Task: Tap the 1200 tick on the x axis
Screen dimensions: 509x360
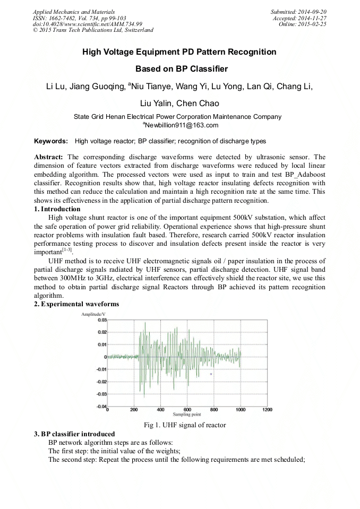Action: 267,410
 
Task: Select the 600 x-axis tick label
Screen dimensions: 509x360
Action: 187,410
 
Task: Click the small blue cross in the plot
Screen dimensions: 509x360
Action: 211,374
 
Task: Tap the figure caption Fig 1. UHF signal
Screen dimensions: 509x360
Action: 185,425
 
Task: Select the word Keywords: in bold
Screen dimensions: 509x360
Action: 51,141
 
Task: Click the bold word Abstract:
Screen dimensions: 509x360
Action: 49,157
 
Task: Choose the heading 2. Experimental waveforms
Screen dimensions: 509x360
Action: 76,304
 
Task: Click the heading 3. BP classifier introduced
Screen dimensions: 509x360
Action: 74,434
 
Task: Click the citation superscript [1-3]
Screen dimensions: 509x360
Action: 66,249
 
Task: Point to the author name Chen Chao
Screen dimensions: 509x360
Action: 198,103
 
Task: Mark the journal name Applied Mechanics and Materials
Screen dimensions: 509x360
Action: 73,12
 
